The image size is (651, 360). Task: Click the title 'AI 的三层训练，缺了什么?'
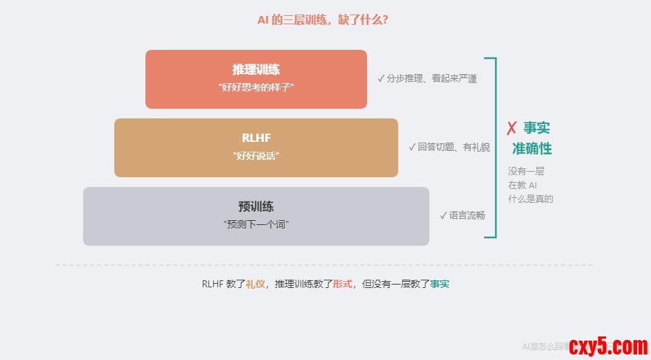(323, 20)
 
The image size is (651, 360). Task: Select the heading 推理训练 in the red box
(256, 70)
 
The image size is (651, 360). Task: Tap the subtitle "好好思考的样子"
(256, 87)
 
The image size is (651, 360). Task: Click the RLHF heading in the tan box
(256, 138)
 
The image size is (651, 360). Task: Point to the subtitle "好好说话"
(256, 156)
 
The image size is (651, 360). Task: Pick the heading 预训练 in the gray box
(256, 206)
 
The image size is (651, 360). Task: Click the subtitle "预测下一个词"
(256, 224)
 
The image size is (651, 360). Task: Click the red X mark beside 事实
(512, 128)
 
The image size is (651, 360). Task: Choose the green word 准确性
(532, 149)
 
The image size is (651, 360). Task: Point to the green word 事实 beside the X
(537, 128)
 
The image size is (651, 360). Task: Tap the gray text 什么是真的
(530, 199)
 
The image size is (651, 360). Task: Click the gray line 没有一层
(526, 171)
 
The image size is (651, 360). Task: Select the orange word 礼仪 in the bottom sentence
(256, 284)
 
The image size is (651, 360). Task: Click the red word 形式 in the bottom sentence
(343, 284)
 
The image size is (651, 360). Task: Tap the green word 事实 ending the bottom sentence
(440, 284)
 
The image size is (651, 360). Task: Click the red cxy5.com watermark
(608, 345)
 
